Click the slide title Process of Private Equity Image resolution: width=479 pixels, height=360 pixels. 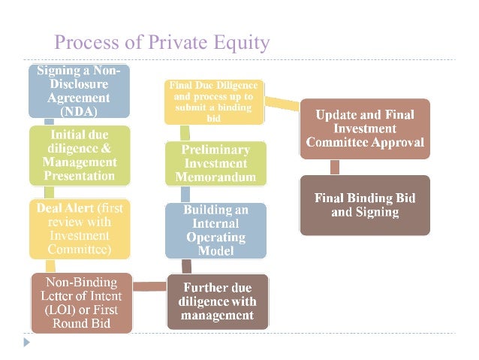pos(161,42)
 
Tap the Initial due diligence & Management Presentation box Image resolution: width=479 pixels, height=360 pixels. pos(79,155)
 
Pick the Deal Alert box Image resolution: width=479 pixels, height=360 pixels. pos(79,228)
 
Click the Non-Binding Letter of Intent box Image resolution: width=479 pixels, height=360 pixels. pos(82,303)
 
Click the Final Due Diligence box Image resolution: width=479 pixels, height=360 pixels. pos(215,101)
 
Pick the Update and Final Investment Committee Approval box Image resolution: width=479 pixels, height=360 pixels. pos(365,129)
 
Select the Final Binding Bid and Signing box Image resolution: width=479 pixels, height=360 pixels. pos(365,204)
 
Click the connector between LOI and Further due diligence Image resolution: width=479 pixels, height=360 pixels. pos(149,285)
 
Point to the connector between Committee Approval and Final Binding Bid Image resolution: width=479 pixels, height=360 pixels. pos(335,167)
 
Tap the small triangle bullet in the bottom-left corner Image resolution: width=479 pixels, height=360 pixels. pos(28,341)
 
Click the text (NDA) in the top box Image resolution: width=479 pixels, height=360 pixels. pos(79,111)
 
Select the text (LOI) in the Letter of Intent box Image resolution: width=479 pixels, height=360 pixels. pos(54,310)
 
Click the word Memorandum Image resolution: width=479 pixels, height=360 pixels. pos(215,178)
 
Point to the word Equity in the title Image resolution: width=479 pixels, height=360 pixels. pos(239,42)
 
